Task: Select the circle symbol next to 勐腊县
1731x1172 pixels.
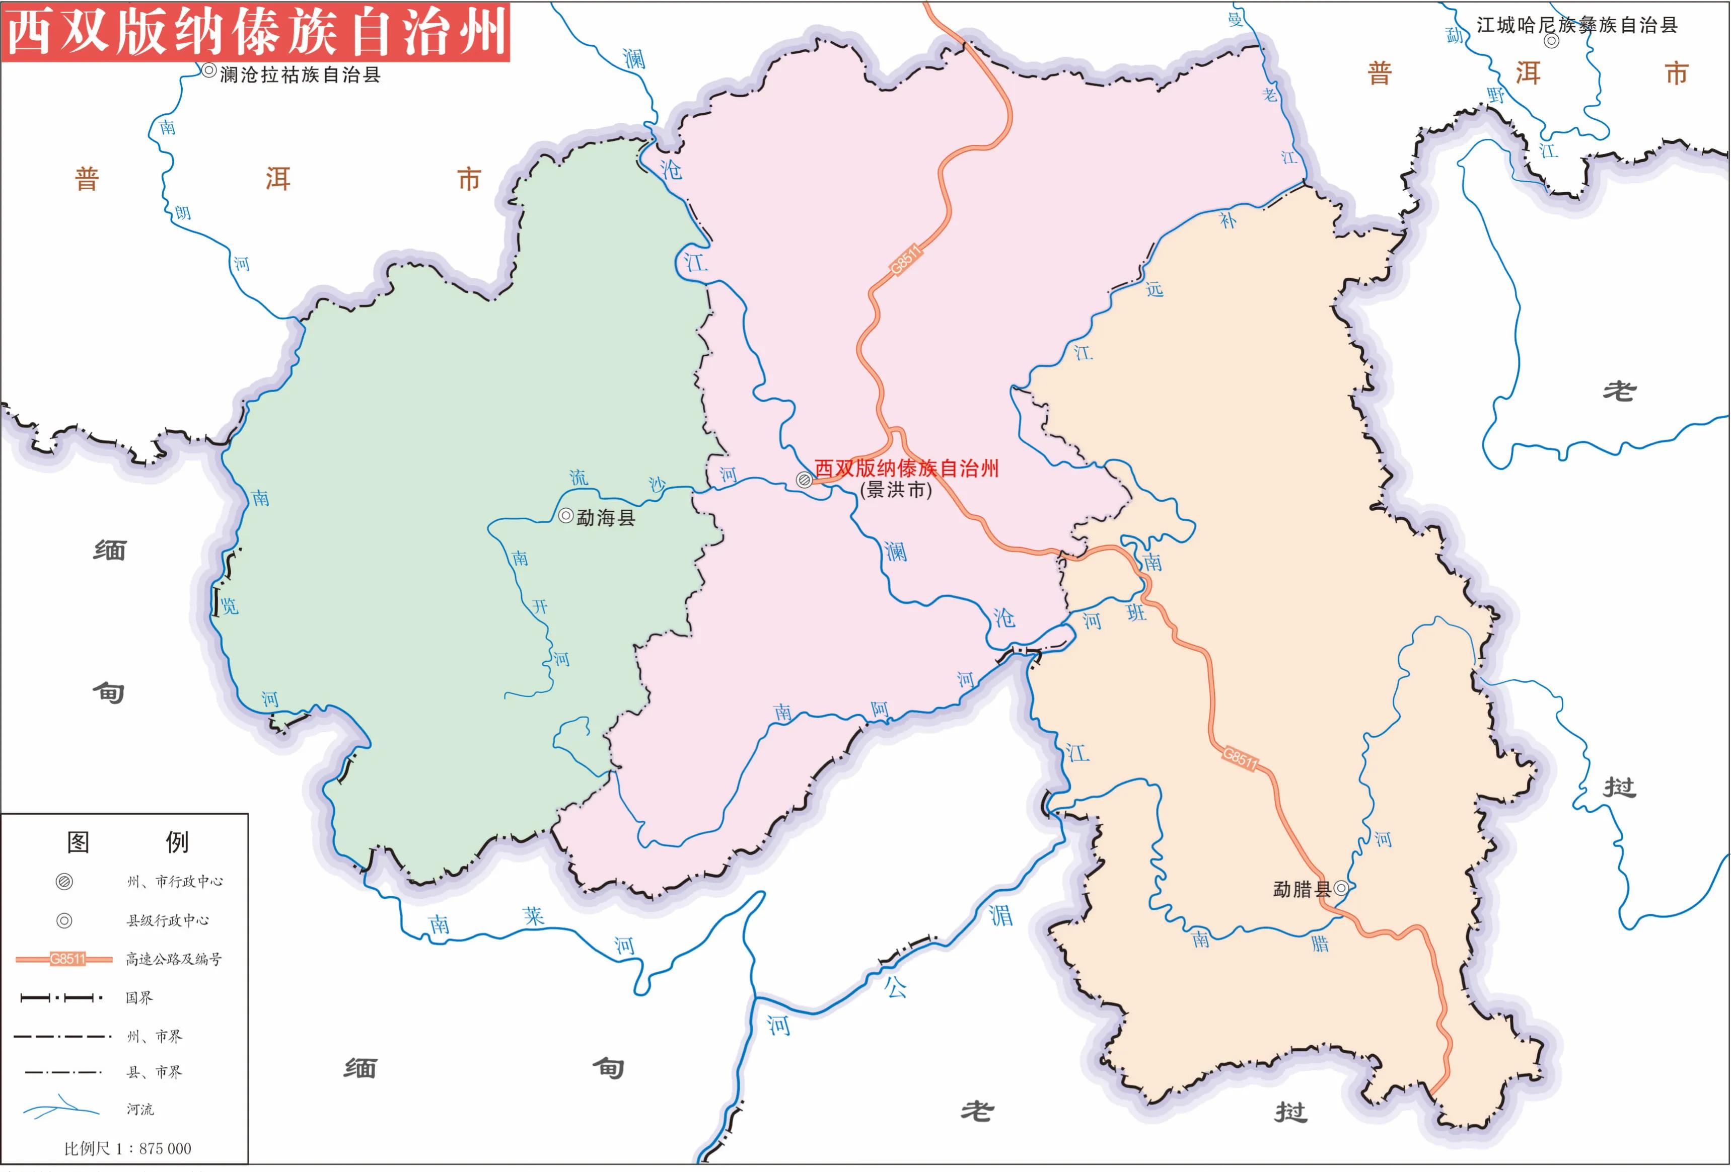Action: click(x=1341, y=888)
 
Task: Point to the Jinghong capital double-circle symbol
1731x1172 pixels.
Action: click(x=804, y=480)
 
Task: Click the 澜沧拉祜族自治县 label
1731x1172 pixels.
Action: click(x=300, y=74)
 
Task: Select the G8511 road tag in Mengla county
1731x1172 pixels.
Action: click(x=1240, y=758)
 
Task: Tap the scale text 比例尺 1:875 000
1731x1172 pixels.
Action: click(x=127, y=1148)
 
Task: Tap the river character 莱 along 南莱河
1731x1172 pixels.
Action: click(x=533, y=915)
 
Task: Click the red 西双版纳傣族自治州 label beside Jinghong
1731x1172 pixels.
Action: click(x=906, y=468)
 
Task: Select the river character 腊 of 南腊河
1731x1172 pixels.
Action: click(x=1320, y=944)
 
